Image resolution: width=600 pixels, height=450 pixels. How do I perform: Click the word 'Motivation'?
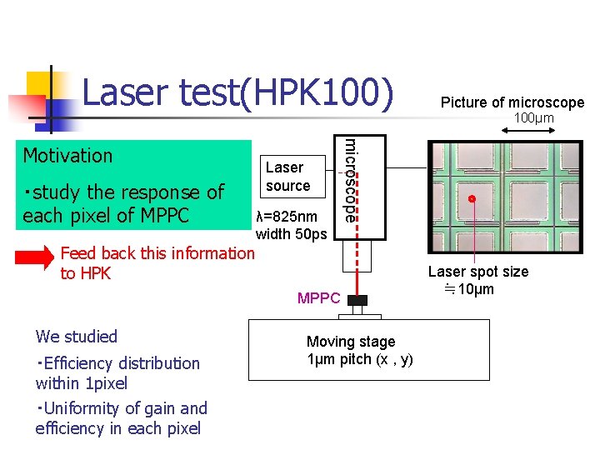(x=67, y=156)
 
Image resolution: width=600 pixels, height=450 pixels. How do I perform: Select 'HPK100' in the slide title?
(x=317, y=93)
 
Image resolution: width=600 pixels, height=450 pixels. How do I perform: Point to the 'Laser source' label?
(x=287, y=176)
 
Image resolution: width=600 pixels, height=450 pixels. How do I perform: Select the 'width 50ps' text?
(x=291, y=234)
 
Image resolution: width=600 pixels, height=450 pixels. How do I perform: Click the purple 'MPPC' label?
(x=318, y=298)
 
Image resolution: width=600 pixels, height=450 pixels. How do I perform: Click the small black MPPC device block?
(x=357, y=300)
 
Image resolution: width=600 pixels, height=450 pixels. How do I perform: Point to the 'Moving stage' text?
(x=351, y=342)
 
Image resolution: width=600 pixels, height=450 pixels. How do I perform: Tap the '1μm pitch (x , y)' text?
(x=359, y=359)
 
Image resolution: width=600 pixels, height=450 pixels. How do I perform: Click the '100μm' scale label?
(x=533, y=119)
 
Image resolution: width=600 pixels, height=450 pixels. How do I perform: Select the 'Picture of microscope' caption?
(x=512, y=102)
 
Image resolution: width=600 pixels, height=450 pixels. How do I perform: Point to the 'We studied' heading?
(x=77, y=337)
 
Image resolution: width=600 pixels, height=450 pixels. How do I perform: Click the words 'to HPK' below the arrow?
(x=85, y=273)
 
